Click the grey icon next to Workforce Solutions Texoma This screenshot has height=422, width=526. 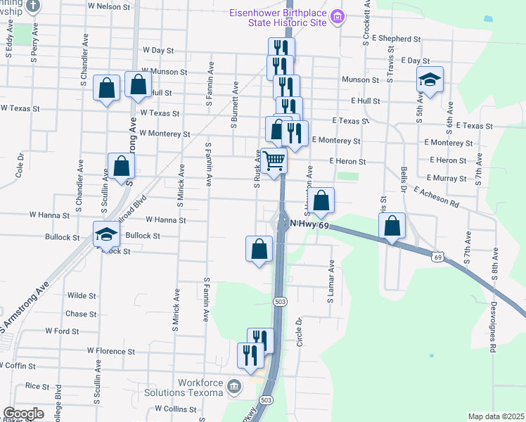click(x=234, y=385)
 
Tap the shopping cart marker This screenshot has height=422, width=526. click(x=274, y=161)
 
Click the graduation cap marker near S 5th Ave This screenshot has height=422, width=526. click(x=430, y=81)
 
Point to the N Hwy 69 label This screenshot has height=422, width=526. click(x=309, y=223)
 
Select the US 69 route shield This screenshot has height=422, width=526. click(x=438, y=258)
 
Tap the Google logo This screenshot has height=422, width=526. click(x=24, y=413)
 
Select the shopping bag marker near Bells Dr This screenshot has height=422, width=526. click(x=392, y=226)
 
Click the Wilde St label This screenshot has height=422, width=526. click(x=81, y=296)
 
